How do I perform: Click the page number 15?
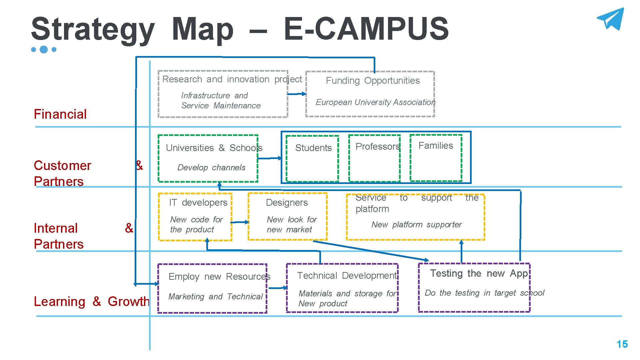coord(622,344)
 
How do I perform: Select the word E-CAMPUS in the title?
coord(366,29)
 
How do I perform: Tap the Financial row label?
coord(60,114)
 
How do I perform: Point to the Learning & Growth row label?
coord(92,301)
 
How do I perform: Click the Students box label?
coord(313,148)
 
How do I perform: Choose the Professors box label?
coord(377,147)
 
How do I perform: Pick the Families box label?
coord(436,146)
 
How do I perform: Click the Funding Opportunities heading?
coord(373,81)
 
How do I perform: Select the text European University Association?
coord(375,102)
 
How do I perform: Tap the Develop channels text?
coord(211,168)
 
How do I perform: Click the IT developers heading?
coord(198,203)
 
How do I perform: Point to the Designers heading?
coord(287,203)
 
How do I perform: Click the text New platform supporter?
coord(416,225)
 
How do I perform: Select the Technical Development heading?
coord(347,276)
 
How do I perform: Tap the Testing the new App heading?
coord(479,274)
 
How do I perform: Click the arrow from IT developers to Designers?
coord(240,222)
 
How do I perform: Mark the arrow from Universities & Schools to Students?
coord(270,158)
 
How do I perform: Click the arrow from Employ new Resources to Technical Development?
coord(278,288)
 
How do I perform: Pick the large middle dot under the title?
coord(44,50)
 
